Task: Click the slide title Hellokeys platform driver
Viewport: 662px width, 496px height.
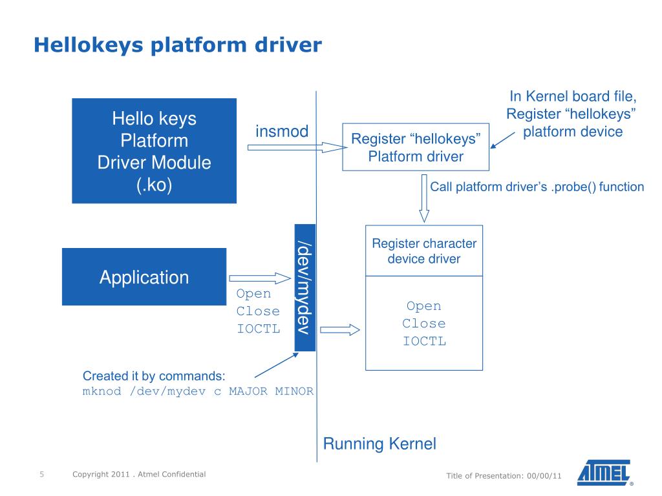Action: (x=177, y=45)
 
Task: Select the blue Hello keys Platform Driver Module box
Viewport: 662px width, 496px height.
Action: (x=154, y=150)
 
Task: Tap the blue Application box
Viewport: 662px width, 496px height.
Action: (x=144, y=277)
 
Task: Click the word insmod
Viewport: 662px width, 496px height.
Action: (x=282, y=131)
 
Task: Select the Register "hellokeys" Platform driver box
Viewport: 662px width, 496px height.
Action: (x=416, y=147)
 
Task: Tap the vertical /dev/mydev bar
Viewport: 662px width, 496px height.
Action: (x=304, y=287)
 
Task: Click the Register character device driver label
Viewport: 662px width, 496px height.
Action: (x=424, y=251)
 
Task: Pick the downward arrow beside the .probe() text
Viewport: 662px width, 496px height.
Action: (x=424, y=198)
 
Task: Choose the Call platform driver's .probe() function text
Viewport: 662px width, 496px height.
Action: (x=537, y=187)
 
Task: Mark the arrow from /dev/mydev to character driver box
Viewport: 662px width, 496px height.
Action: (x=339, y=330)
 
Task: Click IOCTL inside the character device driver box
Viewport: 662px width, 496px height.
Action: (x=424, y=342)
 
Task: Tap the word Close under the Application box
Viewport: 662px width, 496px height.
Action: (x=258, y=311)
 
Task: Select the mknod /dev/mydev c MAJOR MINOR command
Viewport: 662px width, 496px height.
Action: (x=198, y=391)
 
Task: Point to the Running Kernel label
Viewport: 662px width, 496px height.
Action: (x=379, y=444)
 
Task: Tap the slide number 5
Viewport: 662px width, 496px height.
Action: (x=41, y=475)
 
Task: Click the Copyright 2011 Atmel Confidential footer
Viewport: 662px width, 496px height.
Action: (x=139, y=475)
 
